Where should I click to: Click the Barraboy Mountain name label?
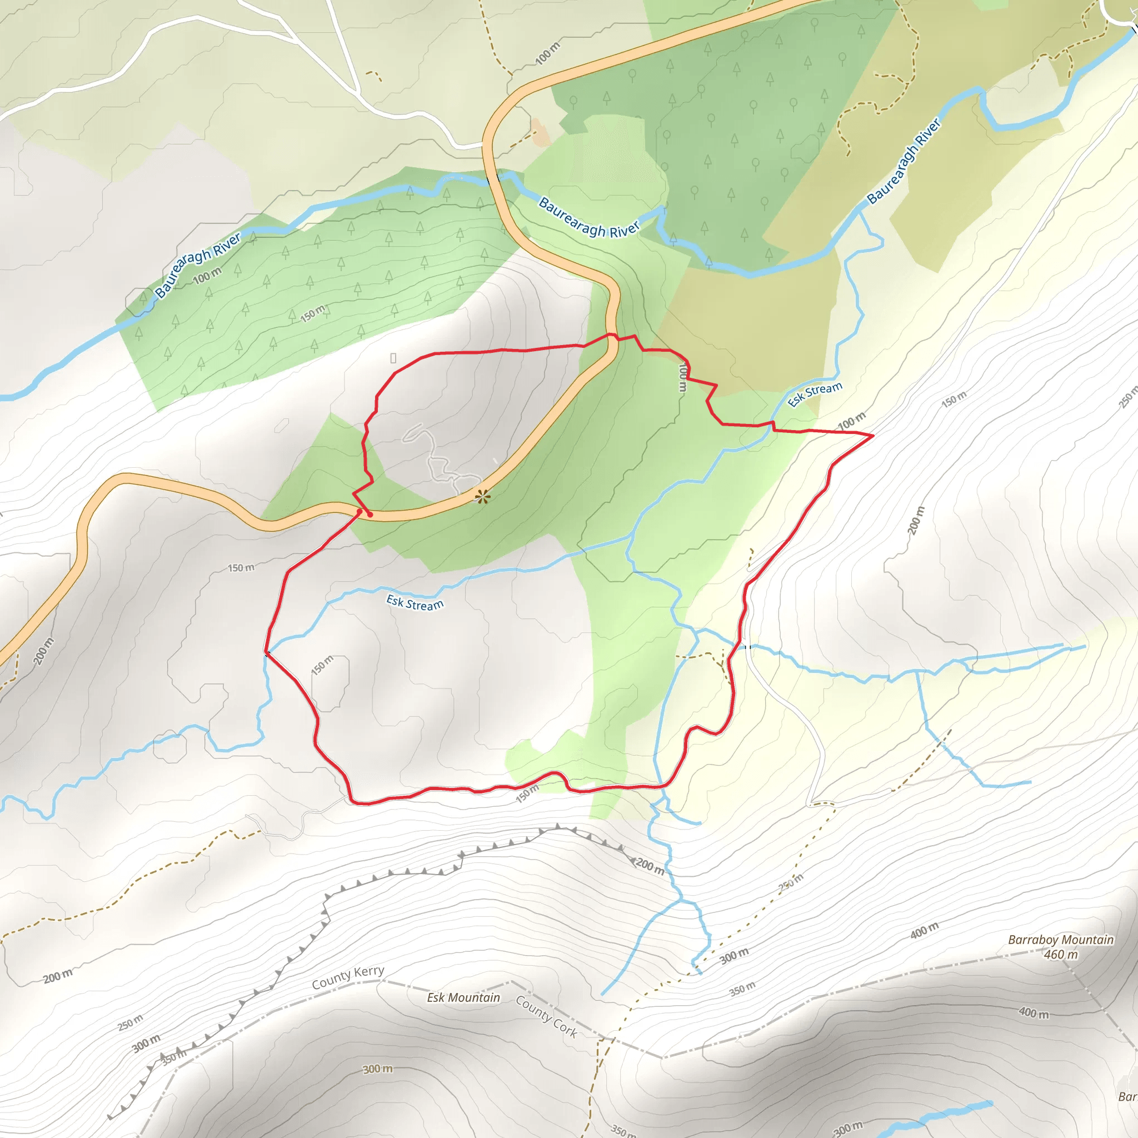(x=1060, y=940)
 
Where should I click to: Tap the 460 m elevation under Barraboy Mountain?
(x=1060, y=955)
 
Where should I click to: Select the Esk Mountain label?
(x=463, y=997)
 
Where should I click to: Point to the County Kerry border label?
(x=347, y=978)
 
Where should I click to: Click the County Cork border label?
(x=546, y=1016)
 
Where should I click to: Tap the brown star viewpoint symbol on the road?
(x=482, y=497)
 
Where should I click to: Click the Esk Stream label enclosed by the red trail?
(x=415, y=603)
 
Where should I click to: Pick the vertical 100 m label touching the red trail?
(x=682, y=377)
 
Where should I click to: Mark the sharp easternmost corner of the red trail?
(x=872, y=435)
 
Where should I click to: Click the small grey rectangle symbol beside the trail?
(x=393, y=358)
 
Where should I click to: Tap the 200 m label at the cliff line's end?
(x=650, y=866)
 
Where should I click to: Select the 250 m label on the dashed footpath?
(x=791, y=882)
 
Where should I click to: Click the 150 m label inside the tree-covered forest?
(x=312, y=313)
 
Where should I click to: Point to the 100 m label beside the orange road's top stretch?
(x=547, y=53)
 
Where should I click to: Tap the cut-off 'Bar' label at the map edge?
(x=1127, y=1096)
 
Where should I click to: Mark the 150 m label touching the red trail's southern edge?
(x=527, y=793)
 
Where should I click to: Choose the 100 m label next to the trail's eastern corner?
(x=851, y=421)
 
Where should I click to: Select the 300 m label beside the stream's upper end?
(x=734, y=955)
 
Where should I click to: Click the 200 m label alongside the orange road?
(x=43, y=651)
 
